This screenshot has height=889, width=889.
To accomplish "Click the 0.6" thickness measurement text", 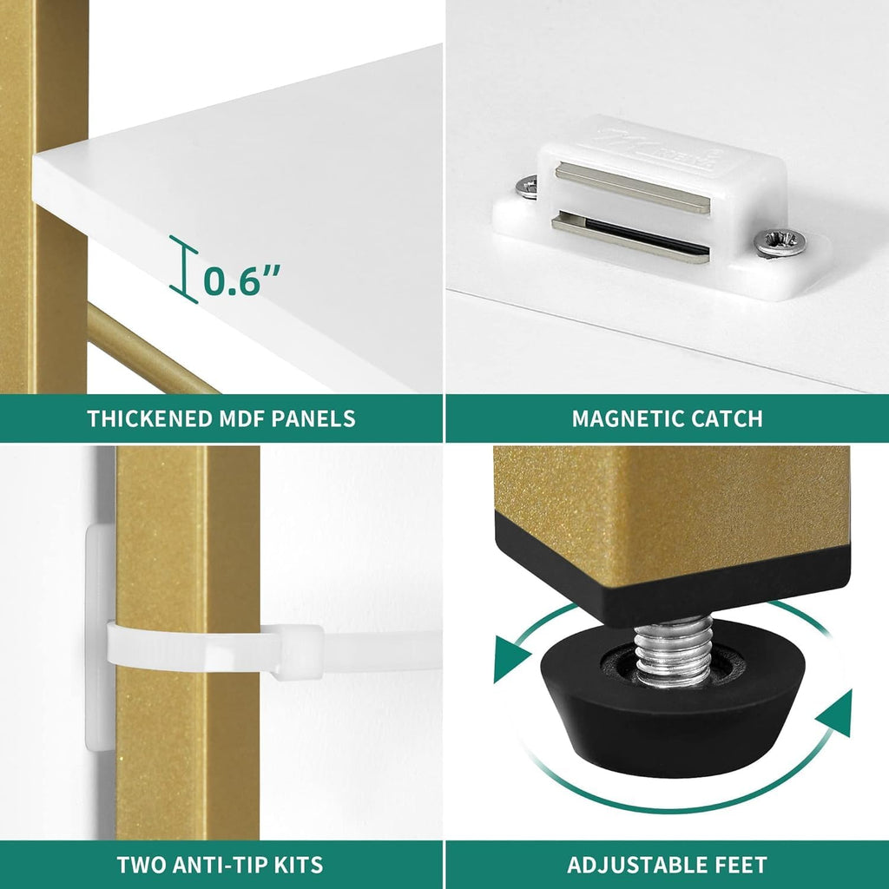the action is click(x=242, y=280).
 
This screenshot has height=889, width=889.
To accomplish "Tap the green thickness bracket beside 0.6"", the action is click(x=184, y=269).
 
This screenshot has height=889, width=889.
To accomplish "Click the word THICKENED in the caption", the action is click(x=149, y=418).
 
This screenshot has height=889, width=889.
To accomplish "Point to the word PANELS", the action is click(x=313, y=418).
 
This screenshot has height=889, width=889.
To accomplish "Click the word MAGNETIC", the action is click(x=620, y=418).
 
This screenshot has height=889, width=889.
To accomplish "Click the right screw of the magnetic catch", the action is click(x=780, y=243).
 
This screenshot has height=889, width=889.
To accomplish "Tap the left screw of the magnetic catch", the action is click(x=527, y=187).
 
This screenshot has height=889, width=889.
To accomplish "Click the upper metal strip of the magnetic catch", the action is click(x=632, y=188).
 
